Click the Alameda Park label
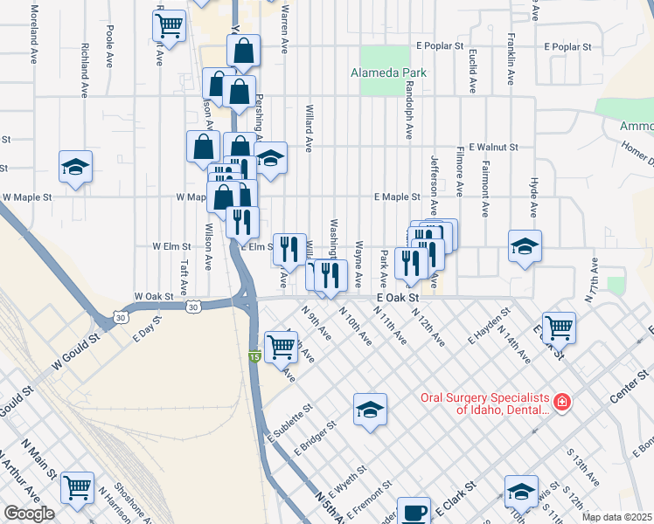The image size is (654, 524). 388,72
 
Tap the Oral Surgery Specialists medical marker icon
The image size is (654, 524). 561,403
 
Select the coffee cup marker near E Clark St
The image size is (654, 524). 414,511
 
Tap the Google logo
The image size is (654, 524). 28,514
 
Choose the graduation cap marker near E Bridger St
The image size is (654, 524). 370,408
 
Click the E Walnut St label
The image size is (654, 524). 493,148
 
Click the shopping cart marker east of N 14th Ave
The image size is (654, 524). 559,327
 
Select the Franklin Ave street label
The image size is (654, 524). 510,51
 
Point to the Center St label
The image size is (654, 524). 632,384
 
